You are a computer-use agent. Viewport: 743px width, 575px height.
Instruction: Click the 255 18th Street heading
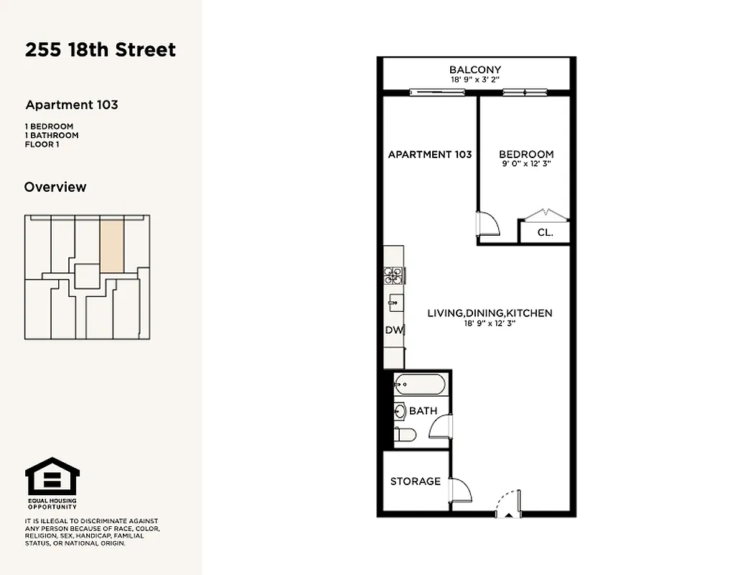click(101, 50)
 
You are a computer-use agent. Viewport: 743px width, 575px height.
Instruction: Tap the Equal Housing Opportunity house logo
click(52, 476)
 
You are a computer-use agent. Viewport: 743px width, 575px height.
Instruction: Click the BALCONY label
click(475, 70)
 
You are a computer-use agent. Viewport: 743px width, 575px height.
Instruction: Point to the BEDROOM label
click(526, 154)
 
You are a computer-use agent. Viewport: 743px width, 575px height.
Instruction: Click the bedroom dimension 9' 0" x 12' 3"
click(526, 164)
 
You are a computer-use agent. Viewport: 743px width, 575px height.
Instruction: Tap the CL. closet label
click(545, 232)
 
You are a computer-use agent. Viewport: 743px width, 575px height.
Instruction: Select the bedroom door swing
click(488, 222)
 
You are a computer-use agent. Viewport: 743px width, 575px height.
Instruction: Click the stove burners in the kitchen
click(393, 274)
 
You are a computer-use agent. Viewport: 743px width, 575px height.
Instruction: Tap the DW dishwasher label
click(394, 331)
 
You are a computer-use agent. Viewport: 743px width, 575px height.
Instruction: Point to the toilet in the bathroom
click(405, 435)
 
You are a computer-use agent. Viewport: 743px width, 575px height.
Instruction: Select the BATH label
click(423, 411)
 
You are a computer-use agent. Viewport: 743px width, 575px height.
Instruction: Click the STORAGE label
click(415, 481)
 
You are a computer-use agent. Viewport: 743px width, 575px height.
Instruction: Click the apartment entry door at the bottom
click(508, 504)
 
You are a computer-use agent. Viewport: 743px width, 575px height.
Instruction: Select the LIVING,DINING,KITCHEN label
click(490, 313)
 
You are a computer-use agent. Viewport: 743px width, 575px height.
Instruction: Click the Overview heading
click(55, 187)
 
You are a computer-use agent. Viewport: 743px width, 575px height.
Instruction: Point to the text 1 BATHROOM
click(52, 135)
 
